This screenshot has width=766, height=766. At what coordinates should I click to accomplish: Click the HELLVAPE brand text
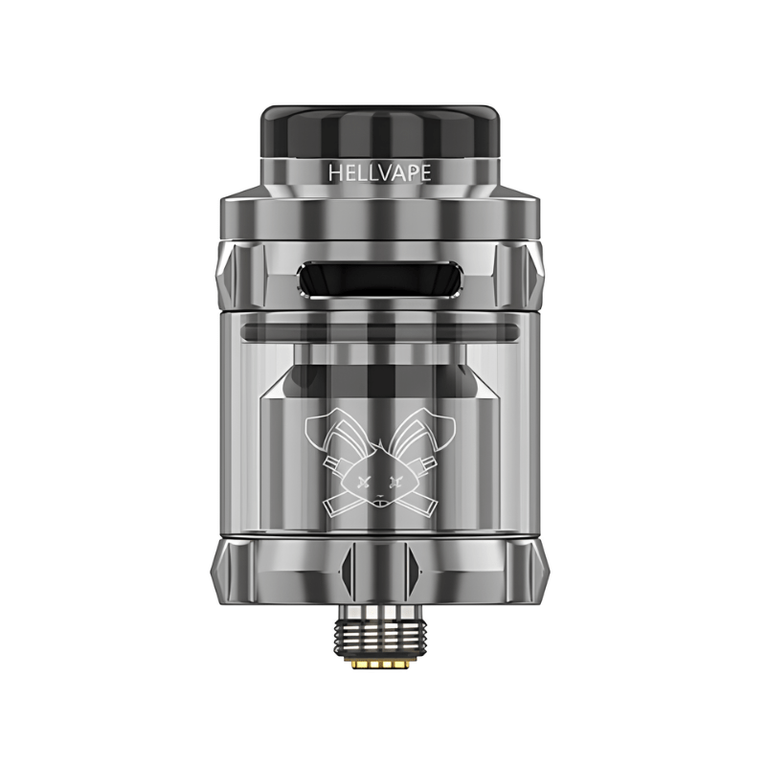[379, 173]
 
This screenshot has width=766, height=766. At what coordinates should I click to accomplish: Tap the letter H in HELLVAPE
[334, 173]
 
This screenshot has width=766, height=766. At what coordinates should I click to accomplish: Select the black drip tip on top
[379, 131]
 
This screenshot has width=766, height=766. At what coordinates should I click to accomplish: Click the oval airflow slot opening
[379, 279]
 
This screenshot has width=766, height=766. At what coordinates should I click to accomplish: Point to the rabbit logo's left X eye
[363, 483]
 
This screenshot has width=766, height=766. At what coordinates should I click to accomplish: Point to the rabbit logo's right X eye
[395, 483]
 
